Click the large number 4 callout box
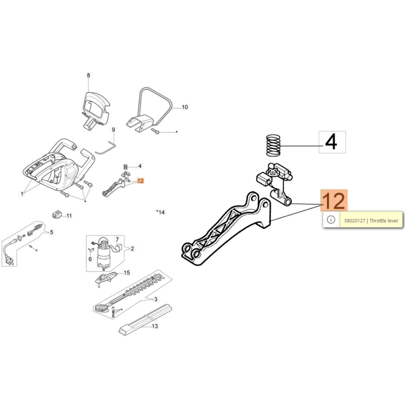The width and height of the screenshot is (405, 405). (x=332, y=142)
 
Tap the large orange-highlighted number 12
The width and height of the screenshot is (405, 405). (x=334, y=200)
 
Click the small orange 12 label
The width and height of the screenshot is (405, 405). (x=140, y=181)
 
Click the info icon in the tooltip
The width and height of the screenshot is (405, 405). (x=331, y=220)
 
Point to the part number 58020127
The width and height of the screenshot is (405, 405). (x=354, y=220)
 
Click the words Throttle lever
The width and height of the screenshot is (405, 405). (x=384, y=220)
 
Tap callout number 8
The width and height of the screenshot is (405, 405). (x=88, y=75)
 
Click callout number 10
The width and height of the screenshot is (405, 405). (x=185, y=107)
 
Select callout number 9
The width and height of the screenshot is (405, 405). (x=113, y=130)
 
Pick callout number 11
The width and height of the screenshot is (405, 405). (x=69, y=216)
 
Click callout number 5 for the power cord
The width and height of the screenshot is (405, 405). (x=52, y=232)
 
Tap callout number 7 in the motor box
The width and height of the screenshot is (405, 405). (x=117, y=239)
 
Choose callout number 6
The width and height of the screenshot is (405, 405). (x=90, y=259)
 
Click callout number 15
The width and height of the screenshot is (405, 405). (x=127, y=273)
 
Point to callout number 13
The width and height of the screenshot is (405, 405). (x=155, y=326)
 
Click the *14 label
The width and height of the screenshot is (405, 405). (x=160, y=212)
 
